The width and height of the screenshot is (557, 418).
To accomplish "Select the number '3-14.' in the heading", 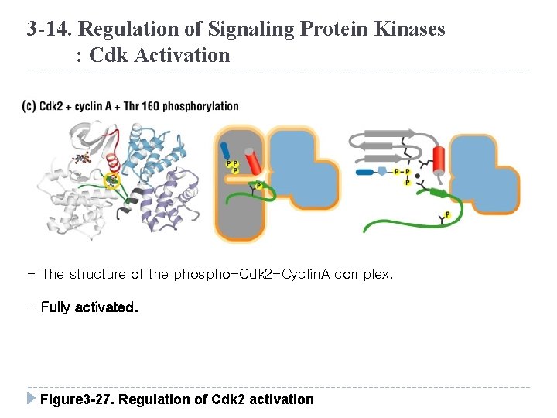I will pyautogui.click(x=50, y=29).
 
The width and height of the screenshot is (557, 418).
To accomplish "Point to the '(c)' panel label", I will pyautogui.click(x=29, y=106).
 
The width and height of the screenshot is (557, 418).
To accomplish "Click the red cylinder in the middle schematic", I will pyautogui.click(x=252, y=161).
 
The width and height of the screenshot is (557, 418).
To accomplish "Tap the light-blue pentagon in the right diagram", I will pyautogui.click(x=381, y=171).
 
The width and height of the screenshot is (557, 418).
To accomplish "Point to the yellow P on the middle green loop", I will pyautogui.click(x=258, y=187).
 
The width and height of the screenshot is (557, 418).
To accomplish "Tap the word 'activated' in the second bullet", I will pyautogui.click(x=105, y=307).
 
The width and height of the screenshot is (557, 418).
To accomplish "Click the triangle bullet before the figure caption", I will pyautogui.click(x=30, y=399).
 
